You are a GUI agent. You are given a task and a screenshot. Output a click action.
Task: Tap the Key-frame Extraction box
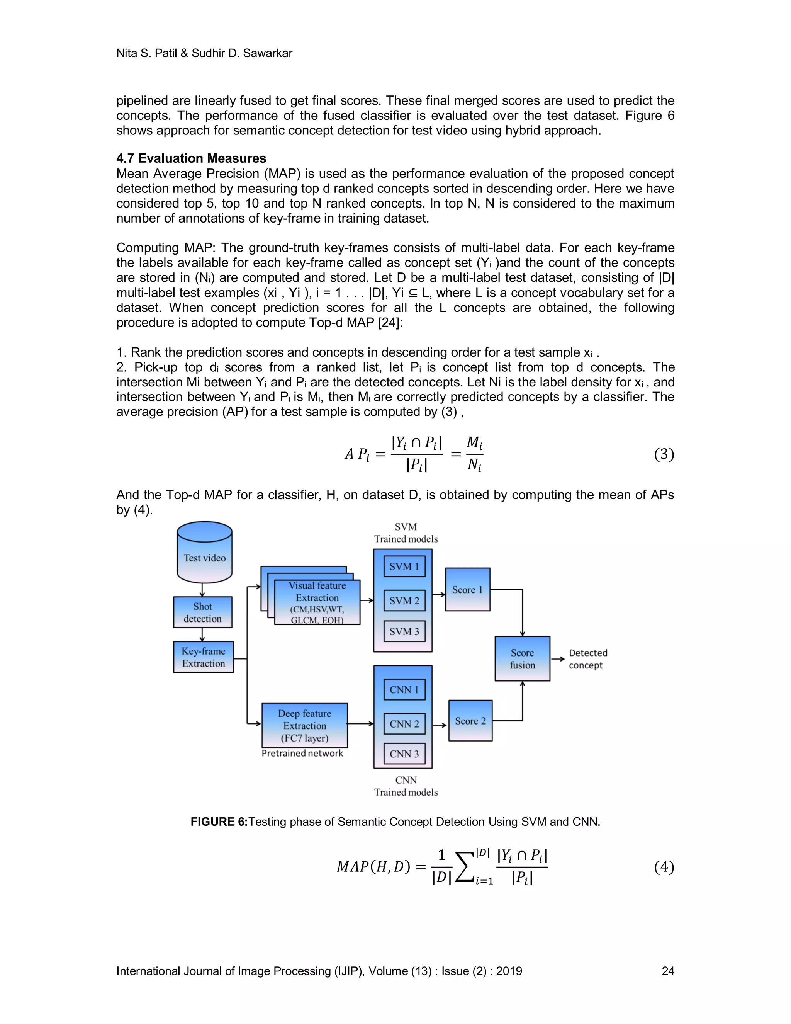(x=204, y=657)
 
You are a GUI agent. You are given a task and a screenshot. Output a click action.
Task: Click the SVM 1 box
(x=404, y=566)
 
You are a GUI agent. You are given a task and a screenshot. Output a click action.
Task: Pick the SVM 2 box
(x=404, y=600)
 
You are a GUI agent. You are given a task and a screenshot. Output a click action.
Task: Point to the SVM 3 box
(x=404, y=631)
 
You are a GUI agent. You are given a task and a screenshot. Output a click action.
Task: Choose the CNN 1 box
(x=404, y=689)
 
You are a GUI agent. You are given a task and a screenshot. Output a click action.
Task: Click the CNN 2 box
(x=404, y=723)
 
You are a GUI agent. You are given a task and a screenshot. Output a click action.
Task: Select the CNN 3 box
(x=404, y=754)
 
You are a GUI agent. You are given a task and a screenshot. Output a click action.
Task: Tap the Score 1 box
(x=467, y=589)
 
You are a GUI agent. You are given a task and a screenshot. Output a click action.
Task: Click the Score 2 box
(x=470, y=721)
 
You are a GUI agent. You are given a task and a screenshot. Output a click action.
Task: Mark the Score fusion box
(x=522, y=658)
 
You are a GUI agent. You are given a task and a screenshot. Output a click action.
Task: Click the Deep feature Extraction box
(x=305, y=725)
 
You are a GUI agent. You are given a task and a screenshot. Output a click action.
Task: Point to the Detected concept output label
(x=587, y=659)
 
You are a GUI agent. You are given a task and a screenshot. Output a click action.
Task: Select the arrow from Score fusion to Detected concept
(x=558, y=659)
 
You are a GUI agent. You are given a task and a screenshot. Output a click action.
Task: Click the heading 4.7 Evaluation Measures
(x=191, y=158)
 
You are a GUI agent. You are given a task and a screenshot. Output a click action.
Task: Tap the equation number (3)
(x=664, y=454)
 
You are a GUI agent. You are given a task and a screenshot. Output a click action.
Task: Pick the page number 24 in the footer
(x=667, y=971)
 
